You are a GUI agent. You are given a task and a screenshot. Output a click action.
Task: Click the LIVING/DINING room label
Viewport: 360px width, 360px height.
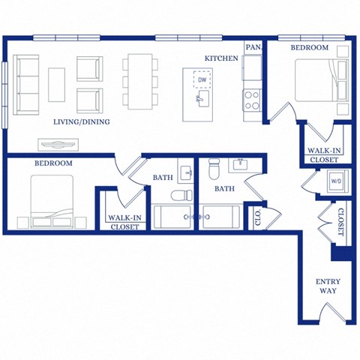point(82,121)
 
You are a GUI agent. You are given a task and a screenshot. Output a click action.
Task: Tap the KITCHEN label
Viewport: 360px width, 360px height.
point(222,58)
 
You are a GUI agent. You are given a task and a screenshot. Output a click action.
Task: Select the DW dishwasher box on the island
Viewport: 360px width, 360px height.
point(201,79)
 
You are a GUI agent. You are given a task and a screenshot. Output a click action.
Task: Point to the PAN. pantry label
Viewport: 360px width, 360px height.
point(253,47)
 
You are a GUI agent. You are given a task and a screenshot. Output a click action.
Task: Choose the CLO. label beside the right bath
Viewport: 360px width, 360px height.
point(257,218)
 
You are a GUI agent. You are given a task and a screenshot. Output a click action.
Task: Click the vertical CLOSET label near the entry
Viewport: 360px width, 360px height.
point(340,222)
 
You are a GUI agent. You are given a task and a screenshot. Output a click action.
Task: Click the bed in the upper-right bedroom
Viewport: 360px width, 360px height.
point(318,81)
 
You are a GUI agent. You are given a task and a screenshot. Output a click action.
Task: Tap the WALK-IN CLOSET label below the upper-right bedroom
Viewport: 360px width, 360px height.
point(323,154)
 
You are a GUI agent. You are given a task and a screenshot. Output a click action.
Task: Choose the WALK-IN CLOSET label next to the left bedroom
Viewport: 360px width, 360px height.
point(124,222)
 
